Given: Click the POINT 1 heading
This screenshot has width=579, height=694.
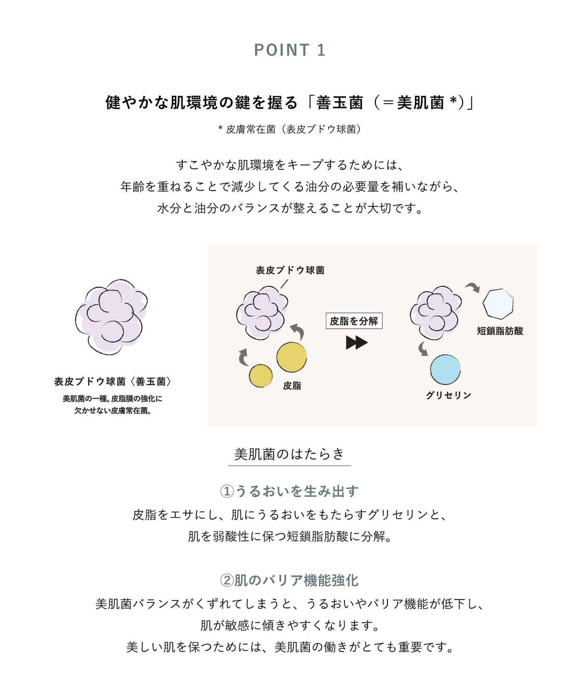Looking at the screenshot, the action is [x=289, y=50].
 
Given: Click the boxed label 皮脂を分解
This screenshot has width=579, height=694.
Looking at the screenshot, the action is [x=354, y=321].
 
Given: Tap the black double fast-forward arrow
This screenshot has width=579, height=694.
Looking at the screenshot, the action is [x=357, y=343].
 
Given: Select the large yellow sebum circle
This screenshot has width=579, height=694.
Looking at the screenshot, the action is [x=291, y=357].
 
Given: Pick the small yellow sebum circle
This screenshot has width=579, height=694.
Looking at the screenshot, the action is [x=261, y=375].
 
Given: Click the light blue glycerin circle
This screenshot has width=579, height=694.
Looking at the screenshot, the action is [x=445, y=369].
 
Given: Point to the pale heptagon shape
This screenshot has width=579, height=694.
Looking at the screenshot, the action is [x=498, y=304].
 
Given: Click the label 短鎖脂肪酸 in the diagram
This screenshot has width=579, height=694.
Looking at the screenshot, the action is [x=500, y=331].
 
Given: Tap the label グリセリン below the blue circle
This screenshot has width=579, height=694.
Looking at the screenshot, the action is [x=449, y=395].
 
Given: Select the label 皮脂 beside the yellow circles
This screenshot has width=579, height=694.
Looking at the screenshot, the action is [x=292, y=386].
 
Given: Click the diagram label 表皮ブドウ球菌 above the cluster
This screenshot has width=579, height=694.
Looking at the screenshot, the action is [x=290, y=270].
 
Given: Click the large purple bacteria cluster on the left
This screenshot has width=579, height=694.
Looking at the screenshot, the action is [x=111, y=317].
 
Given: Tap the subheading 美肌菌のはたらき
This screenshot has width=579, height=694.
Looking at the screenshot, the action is [x=289, y=454].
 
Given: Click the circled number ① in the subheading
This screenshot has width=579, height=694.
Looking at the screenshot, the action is [x=227, y=491].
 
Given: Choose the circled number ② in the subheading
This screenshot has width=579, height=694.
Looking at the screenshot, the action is [x=227, y=580].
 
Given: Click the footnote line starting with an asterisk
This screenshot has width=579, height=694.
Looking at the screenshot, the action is [x=289, y=129].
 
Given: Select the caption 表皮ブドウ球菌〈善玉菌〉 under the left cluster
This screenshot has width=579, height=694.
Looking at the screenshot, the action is [x=112, y=382].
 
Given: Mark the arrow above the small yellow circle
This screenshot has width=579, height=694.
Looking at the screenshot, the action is [x=243, y=357].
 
